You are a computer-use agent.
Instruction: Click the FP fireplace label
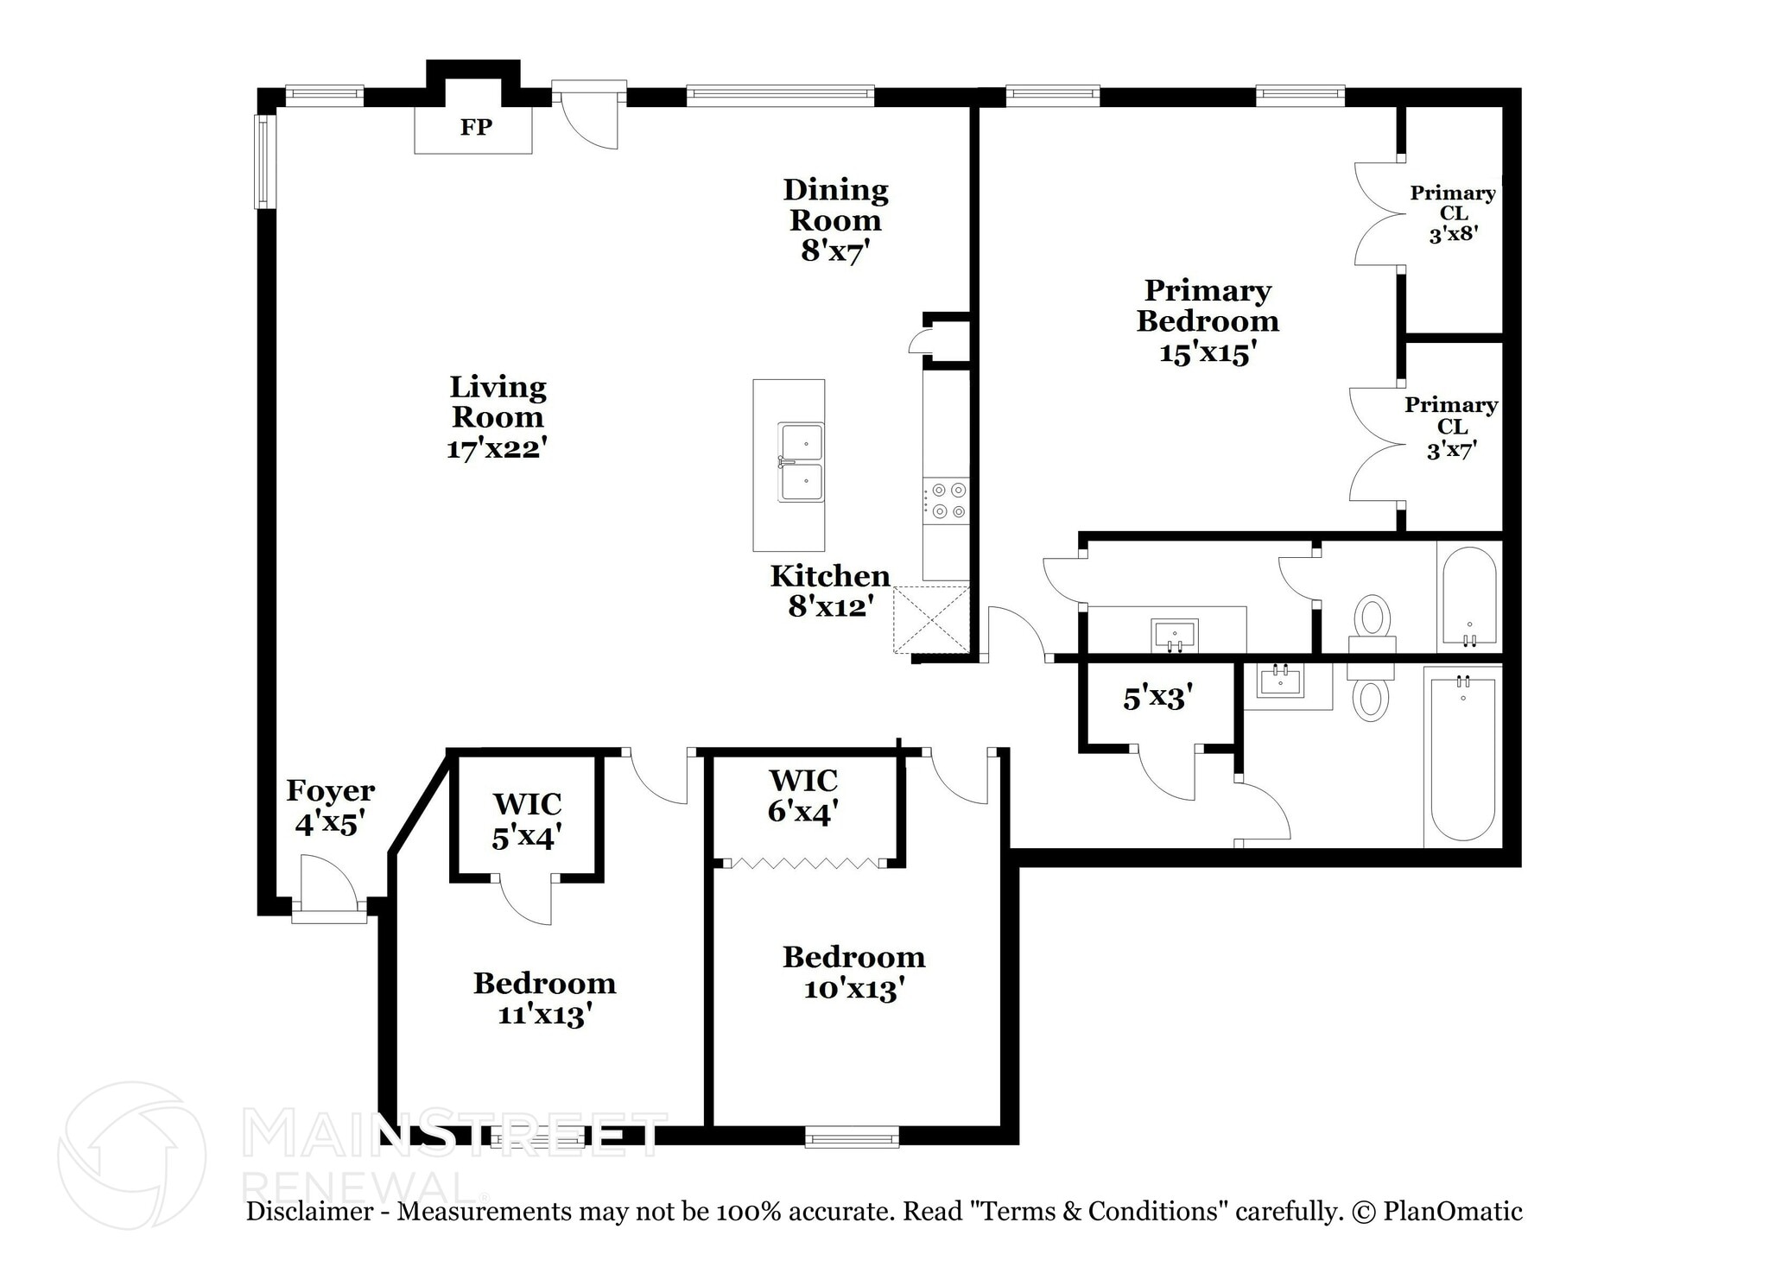pos(476,128)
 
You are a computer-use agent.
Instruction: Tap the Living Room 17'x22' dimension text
pos(497,449)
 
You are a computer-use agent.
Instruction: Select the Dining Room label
pos(835,206)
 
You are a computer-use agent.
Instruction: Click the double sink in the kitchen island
pos(801,462)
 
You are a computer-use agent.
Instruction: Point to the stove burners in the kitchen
pos(947,501)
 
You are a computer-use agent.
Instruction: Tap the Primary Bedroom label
pos(1207,306)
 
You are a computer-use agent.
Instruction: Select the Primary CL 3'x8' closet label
pos(1453,213)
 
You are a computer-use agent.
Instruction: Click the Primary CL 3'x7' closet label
pos(1451,427)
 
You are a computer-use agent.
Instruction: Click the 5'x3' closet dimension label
pos(1157,698)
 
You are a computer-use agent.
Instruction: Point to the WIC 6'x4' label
pos(803,795)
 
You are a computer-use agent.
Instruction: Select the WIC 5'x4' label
pos(527,820)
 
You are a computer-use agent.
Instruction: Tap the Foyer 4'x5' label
pos(330,807)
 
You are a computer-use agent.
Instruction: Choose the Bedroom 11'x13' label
pos(544,998)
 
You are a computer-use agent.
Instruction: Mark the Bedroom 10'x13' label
pos(853,972)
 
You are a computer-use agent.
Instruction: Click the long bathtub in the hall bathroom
pos(1462,758)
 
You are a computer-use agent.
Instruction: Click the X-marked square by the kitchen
pos(931,619)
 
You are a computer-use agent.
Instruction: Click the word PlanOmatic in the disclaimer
pos(1452,1212)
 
